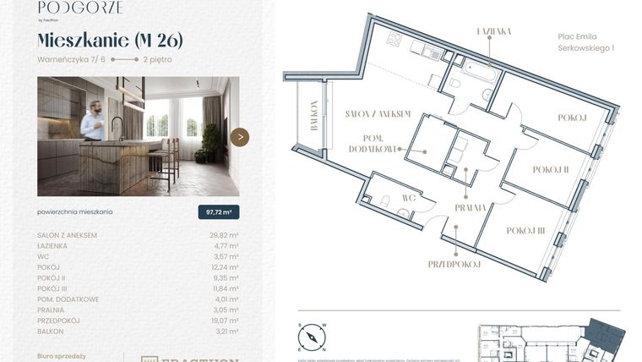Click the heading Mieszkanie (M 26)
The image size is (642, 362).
click(110, 41)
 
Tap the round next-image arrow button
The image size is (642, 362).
click(240, 137)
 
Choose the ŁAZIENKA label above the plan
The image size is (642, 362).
click(494, 31)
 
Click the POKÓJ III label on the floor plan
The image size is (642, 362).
click(525, 230)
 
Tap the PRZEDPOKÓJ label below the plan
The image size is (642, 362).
click(454, 264)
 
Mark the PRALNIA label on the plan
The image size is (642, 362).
click(470, 207)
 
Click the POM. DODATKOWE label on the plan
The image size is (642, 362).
click(373, 144)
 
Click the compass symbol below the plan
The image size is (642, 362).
click(312, 337)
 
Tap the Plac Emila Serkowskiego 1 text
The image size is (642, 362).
click(585, 42)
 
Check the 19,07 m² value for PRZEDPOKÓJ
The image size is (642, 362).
click(224, 321)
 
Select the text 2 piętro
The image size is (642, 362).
click(160, 59)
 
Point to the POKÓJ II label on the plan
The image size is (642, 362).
click(551, 169)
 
